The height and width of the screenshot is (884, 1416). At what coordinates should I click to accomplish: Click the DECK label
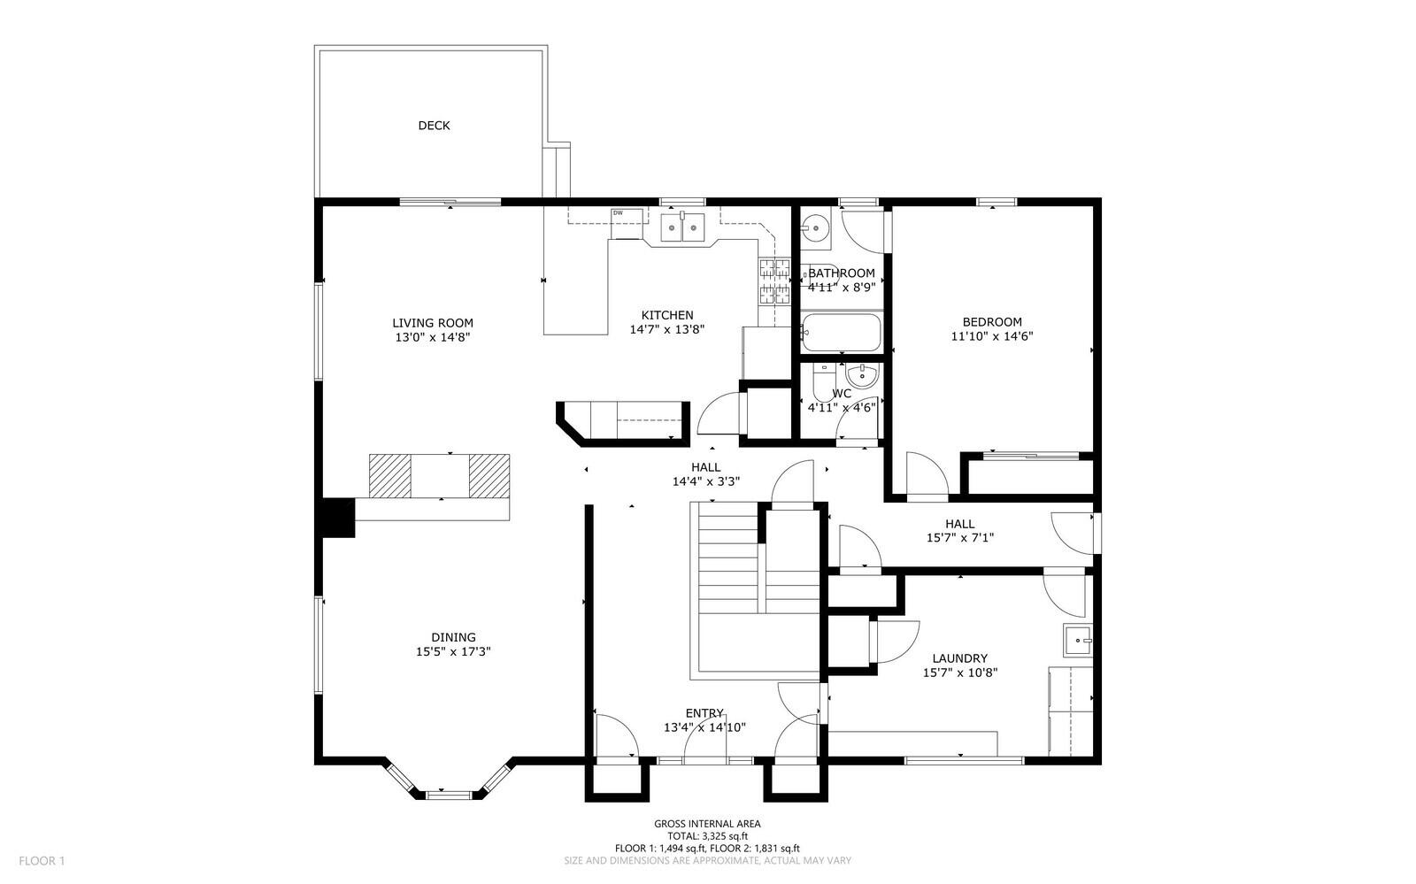coord(434,126)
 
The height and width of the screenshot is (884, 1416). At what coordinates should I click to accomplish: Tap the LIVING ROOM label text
coord(433,323)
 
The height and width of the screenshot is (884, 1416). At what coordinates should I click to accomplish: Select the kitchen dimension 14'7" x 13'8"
coord(666,329)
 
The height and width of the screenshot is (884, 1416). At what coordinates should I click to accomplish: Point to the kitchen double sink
coord(683,229)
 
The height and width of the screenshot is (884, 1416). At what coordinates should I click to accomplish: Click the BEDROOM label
coord(992,322)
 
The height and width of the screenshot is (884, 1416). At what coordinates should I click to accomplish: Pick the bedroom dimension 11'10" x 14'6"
coord(992,336)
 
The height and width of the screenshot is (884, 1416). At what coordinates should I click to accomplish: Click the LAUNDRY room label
coord(960,658)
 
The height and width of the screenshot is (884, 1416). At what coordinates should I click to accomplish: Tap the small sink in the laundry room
coord(1078,638)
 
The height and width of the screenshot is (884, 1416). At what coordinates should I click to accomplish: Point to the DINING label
coord(453,637)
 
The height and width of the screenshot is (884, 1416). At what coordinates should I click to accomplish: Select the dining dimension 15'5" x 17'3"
coord(453,651)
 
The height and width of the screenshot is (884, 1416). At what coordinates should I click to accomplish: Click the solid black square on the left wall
coord(337,518)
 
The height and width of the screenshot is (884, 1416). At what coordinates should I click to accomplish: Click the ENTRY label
coord(704,713)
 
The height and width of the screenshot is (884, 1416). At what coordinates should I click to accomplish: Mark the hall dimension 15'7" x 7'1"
coord(960,537)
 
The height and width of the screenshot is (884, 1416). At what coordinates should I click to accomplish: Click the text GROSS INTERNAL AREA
coord(707,824)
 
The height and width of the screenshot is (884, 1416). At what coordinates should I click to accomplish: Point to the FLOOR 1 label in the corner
coord(42,860)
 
